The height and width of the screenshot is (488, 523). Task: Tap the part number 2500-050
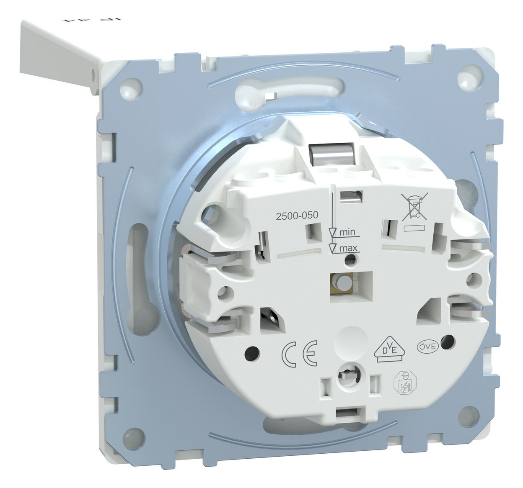click(x=296, y=215)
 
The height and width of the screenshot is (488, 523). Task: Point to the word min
click(x=347, y=231)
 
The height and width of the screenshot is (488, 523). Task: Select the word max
click(x=348, y=248)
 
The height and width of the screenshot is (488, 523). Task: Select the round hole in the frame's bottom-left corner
click(x=134, y=436)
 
